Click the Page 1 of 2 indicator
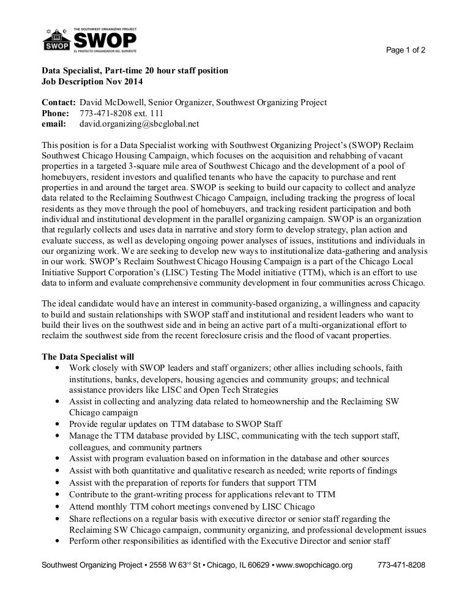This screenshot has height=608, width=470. click(406, 50)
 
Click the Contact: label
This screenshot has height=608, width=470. click(58, 102)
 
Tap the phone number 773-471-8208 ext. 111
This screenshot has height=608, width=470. click(117, 113)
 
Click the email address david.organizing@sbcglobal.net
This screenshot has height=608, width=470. click(140, 124)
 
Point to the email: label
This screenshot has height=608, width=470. click(53, 124)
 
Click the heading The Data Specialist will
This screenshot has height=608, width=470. click(88, 357)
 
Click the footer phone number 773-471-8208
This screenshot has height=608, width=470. click(401, 565)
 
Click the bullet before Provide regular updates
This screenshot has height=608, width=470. click(57, 424)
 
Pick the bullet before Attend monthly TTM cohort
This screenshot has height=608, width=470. click(57, 507)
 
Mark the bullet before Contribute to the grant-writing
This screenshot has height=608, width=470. click(57, 495)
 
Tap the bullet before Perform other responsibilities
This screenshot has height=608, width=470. click(57, 541)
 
